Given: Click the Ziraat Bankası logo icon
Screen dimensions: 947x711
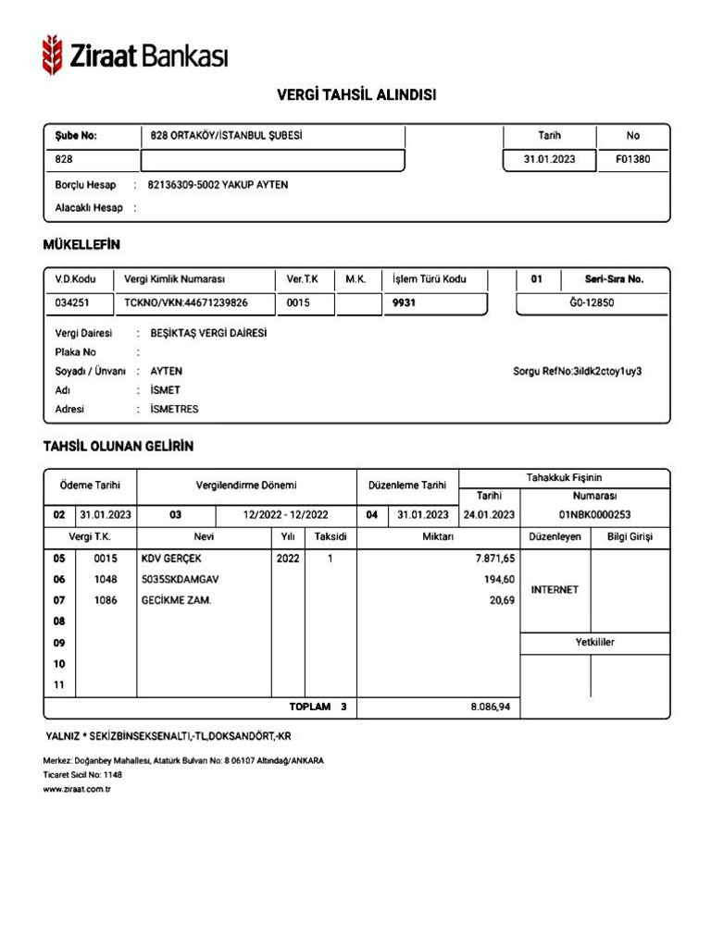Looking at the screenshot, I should (53, 55).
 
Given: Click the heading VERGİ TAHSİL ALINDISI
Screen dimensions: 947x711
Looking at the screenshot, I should (356, 95).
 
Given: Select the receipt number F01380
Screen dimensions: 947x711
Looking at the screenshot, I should (632, 159).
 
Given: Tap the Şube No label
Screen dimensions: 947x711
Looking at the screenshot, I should (76, 136).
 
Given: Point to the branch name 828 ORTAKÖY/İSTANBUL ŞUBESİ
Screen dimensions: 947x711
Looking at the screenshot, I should (227, 136).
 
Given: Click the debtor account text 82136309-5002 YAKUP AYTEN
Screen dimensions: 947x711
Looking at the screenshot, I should (218, 185).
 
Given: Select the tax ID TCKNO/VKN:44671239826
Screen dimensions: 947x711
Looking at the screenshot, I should (185, 302).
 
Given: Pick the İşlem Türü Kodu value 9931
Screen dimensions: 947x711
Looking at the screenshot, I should (405, 302).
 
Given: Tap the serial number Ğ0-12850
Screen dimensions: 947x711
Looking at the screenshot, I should (592, 302).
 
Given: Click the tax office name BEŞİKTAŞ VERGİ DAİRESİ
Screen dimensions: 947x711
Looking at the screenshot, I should (208, 333).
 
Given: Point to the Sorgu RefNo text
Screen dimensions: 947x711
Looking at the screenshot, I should (577, 371).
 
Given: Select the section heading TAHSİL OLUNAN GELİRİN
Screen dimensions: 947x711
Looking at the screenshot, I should (118, 446).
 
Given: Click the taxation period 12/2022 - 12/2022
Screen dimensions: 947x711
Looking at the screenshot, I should (285, 515).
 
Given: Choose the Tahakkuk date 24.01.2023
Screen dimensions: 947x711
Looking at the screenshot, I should (489, 515).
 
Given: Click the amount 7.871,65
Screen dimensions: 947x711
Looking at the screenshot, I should (494, 559).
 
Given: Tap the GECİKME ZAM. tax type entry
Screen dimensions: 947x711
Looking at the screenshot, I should (176, 600).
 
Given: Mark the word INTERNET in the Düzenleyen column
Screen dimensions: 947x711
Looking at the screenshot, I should (555, 589).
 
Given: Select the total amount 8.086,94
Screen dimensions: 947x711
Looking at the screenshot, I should (491, 707).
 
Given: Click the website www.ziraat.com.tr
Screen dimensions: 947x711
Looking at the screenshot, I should (77, 790).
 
